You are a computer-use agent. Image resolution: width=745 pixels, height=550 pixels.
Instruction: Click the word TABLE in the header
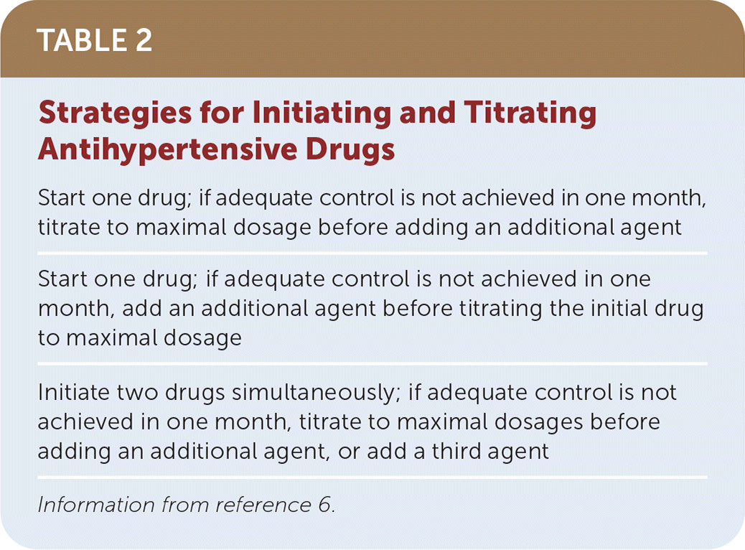pos(81,40)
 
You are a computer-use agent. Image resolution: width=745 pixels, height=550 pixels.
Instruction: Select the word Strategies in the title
pos(116,114)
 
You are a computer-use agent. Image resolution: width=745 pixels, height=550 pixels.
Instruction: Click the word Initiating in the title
pos(322,114)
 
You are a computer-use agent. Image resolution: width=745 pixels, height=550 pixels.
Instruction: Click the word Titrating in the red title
pos(530,114)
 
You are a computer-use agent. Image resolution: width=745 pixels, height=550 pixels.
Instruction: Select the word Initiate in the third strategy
pos(74,393)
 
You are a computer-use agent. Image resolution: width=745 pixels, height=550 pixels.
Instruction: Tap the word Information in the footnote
pos(96,505)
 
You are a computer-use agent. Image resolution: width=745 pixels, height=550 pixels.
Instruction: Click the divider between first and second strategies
pos(372,253)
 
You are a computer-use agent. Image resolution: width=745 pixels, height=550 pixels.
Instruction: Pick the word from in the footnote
pos(185,505)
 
